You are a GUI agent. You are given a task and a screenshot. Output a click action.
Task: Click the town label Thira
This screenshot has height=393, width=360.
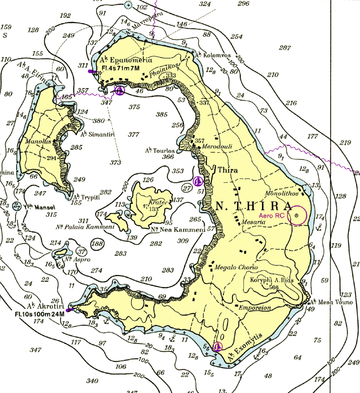(228, 170)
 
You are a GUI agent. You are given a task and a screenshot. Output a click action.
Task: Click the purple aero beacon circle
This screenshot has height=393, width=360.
(297, 215)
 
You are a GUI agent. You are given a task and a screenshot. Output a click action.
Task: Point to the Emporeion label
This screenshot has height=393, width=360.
(255, 308)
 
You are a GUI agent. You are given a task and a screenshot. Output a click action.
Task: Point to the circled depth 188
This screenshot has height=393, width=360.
(96, 244)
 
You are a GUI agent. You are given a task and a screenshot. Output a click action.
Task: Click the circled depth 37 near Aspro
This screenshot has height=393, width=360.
(81, 252)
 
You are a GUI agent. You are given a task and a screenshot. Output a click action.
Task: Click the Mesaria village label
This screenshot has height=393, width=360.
(253, 222)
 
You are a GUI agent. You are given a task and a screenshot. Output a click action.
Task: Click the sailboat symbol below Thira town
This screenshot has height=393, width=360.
(198, 181)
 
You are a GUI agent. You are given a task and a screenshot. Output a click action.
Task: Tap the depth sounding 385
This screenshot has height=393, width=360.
(161, 115)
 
